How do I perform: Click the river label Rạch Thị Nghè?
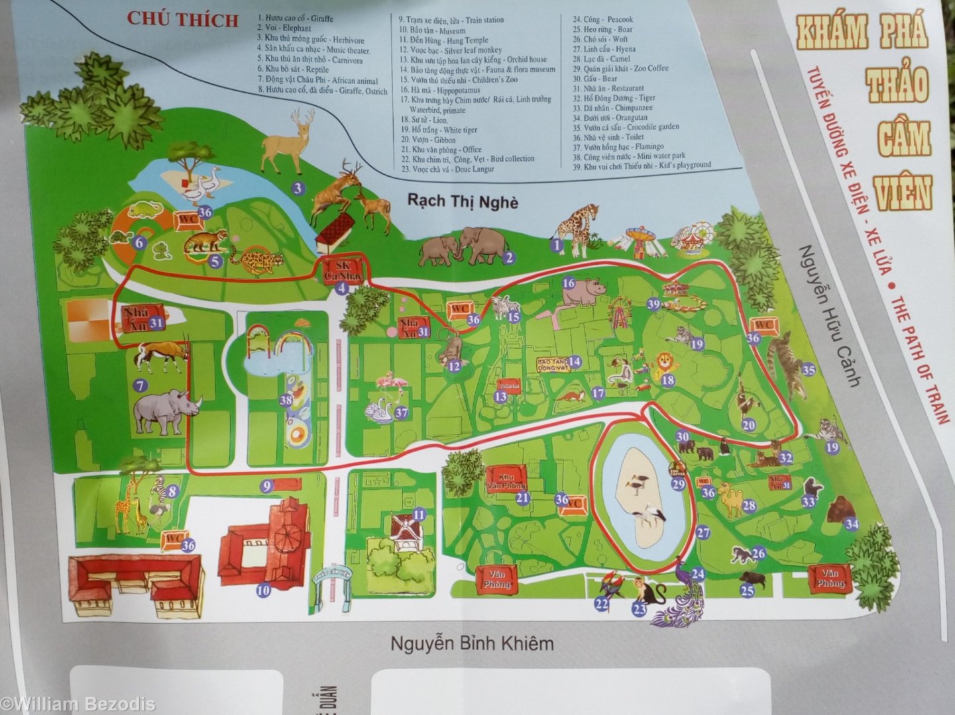coord(463,201)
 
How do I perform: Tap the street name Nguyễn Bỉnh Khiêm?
coord(471,643)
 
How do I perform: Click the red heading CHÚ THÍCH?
coord(183,19)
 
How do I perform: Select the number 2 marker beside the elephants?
coord(509,258)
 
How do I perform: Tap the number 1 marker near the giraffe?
coord(556,246)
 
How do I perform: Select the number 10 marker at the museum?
coord(263,589)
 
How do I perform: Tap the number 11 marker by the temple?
coord(419,514)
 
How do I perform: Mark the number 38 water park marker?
coord(286,400)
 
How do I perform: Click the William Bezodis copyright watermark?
coord(78,704)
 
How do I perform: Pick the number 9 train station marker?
coord(267,486)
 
